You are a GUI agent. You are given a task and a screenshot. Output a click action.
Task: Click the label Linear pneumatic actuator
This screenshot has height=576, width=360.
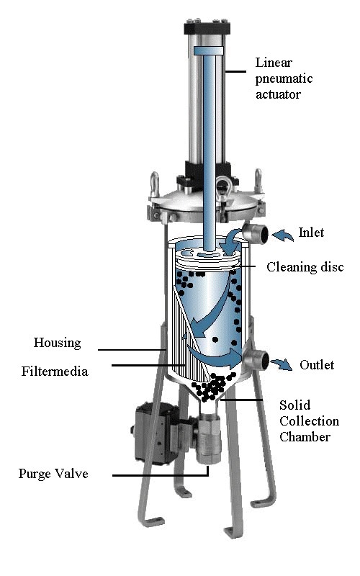(x=284, y=78)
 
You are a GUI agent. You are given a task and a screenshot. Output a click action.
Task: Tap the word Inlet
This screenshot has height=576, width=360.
(x=311, y=233)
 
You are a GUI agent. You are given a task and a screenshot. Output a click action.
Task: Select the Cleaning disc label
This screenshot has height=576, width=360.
(x=305, y=267)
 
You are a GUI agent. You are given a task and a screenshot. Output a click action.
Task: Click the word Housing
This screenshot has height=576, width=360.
(x=58, y=343)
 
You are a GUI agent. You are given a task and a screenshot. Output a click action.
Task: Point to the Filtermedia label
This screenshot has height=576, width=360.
(x=55, y=371)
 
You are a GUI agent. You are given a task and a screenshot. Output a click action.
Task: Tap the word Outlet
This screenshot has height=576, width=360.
(x=317, y=365)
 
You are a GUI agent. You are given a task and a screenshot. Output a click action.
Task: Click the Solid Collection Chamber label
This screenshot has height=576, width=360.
(x=309, y=420)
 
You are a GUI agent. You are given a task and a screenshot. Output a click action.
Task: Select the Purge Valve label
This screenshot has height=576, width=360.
(x=53, y=474)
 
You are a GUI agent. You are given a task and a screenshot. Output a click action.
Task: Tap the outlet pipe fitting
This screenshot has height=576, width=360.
(x=256, y=359)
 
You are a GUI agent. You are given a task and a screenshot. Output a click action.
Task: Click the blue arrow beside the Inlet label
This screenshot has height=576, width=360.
(x=282, y=235)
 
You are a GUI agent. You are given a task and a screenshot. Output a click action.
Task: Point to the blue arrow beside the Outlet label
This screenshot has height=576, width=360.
(x=282, y=364)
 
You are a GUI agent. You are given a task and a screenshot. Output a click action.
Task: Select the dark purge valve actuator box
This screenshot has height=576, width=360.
(x=153, y=433)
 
